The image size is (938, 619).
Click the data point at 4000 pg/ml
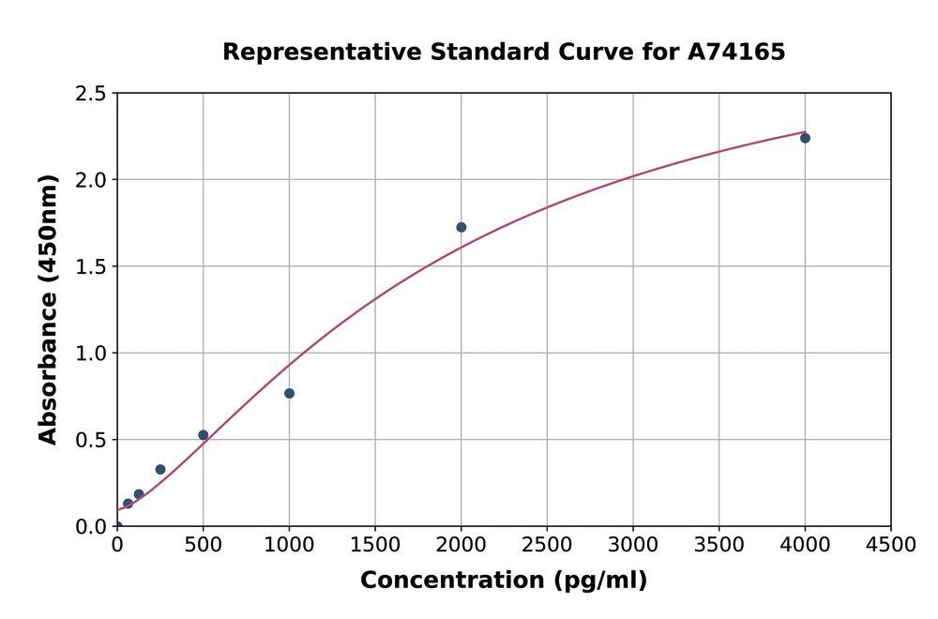(805, 138)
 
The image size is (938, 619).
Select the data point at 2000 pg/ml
(461, 227)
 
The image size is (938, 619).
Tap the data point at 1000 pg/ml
(289, 393)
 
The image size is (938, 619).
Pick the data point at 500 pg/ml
(203, 435)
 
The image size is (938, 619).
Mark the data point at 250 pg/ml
(160, 470)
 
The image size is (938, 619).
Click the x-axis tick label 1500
(375, 545)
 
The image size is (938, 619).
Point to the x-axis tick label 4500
(890, 545)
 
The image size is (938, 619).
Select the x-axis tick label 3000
(632, 545)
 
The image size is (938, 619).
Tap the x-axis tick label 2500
(547, 545)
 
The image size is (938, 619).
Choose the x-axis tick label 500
(203, 545)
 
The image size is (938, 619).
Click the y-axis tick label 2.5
(91, 94)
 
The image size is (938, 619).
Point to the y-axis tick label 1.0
(91, 354)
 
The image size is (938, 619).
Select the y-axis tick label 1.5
(91, 267)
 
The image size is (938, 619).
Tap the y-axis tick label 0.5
(91, 440)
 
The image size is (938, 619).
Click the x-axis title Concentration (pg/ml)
(504, 581)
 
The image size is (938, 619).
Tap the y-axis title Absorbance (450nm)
(48, 309)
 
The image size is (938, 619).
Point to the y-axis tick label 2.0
(91, 180)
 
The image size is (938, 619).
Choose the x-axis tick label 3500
(719, 545)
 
